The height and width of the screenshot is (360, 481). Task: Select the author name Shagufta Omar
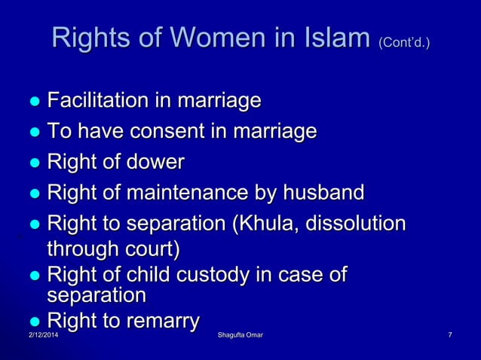[x=240, y=345]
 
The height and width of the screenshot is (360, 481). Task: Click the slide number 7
[x=449, y=345]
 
